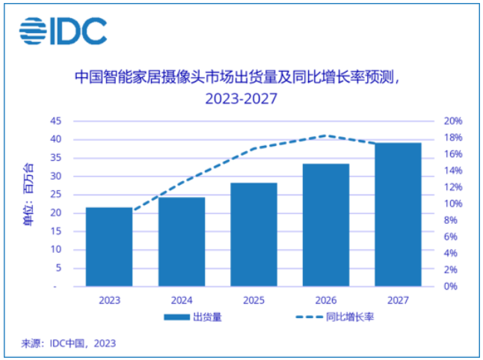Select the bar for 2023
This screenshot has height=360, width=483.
[109, 246]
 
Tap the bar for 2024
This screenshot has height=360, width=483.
[182, 242]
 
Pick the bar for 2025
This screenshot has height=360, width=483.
[254, 234]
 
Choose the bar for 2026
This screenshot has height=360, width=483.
[326, 225]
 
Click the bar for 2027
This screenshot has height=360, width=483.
[399, 214]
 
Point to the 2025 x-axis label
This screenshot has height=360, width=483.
[254, 300]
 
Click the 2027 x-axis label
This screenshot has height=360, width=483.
[399, 300]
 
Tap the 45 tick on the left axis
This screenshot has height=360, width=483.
[55, 121]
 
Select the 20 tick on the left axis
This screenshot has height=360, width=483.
[55, 213]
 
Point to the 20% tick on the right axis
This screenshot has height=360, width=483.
[454, 121]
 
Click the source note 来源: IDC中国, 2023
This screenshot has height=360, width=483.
[68, 344]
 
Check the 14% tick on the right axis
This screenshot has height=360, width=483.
[454, 171]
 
